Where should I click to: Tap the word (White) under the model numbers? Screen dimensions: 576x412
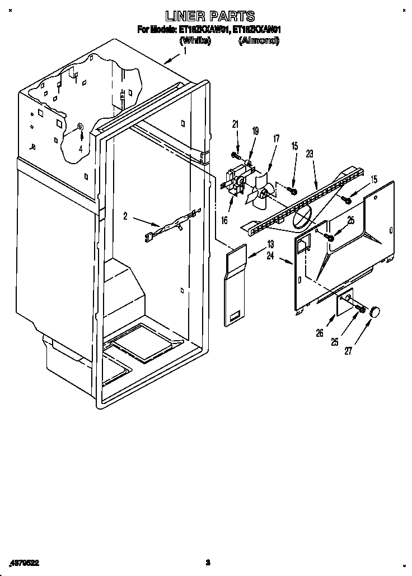tap(195, 41)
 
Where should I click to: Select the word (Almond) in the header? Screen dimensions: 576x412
tap(259, 41)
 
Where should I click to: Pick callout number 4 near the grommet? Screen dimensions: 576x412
tap(81, 149)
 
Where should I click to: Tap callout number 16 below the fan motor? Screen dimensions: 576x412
tap(224, 221)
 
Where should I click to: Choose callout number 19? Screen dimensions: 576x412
tap(255, 131)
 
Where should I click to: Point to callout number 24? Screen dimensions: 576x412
tap(270, 257)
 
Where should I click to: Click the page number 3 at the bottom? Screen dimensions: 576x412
tap(207, 562)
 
